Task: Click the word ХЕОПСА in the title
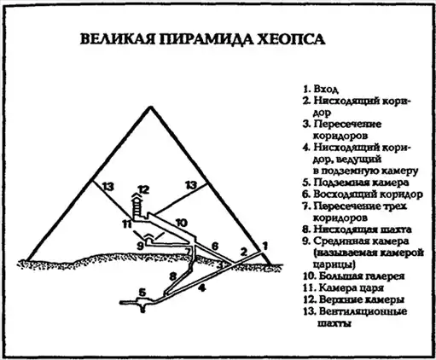[291, 39]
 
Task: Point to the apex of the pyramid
[151, 107]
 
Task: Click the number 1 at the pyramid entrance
[265, 246]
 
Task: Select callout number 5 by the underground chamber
[142, 293]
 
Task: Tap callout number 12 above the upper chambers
[144, 189]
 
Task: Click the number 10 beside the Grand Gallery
[182, 223]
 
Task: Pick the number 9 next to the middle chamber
[140, 245]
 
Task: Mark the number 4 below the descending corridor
[201, 288]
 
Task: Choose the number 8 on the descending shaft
[173, 276]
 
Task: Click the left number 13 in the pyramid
[108, 187]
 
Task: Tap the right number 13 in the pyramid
[191, 185]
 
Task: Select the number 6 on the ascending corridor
[215, 246]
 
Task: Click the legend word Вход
[326, 89]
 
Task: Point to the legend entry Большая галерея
[362, 276]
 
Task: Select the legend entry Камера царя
[352, 287]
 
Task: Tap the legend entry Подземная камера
[361, 183]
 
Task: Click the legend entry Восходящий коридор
[368, 195]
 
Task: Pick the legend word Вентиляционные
[363, 311]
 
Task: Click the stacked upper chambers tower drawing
[137, 206]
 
